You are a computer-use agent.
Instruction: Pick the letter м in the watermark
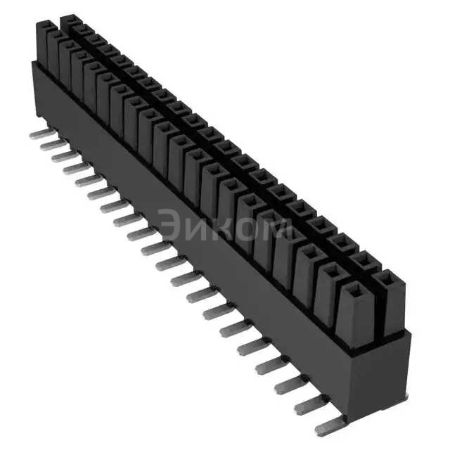(x=278, y=229)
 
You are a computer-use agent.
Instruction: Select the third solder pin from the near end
(x=289, y=383)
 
